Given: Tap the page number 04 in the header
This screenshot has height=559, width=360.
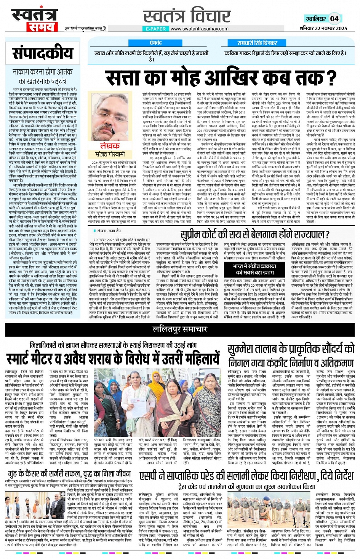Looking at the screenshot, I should (334, 18).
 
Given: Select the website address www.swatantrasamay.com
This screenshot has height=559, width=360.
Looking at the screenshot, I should (199, 29).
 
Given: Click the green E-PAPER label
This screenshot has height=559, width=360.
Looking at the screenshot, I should (155, 29).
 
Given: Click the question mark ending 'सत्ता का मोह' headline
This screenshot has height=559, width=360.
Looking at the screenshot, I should (331, 78).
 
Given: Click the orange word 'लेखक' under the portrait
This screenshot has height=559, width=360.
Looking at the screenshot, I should (110, 146).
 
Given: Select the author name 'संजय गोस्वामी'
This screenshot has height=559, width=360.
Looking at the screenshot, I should (110, 154).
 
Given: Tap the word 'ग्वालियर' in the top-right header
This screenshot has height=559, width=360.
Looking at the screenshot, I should (316, 19).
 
